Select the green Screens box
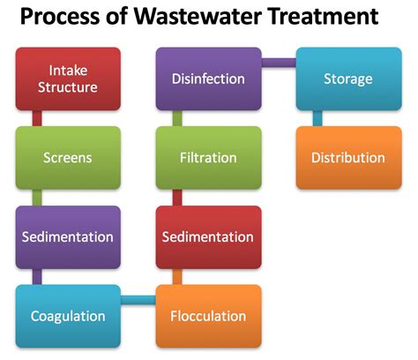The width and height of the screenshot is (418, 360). (x=68, y=158)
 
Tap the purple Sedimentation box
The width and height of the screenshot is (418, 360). (x=68, y=236)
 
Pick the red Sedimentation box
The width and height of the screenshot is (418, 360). (x=208, y=236)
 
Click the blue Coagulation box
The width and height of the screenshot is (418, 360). (x=68, y=316)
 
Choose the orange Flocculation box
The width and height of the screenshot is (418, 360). (x=208, y=316)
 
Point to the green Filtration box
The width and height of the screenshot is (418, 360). (x=208, y=158)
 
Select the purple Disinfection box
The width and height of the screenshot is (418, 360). (x=208, y=79)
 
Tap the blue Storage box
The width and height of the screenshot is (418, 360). (x=347, y=79)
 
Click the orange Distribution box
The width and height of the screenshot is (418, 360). (x=347, y=158)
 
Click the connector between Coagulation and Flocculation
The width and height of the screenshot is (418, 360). (x=138, y=303)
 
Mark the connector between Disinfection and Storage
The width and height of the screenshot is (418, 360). (x=279, y=62)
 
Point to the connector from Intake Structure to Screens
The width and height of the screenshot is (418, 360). (x=37, y=118)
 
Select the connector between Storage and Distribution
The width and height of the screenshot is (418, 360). (x=317, y=118)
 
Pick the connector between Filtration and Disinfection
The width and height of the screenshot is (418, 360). (x=177, y=118)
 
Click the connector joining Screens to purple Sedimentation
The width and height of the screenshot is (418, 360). (x=37, y=197)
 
